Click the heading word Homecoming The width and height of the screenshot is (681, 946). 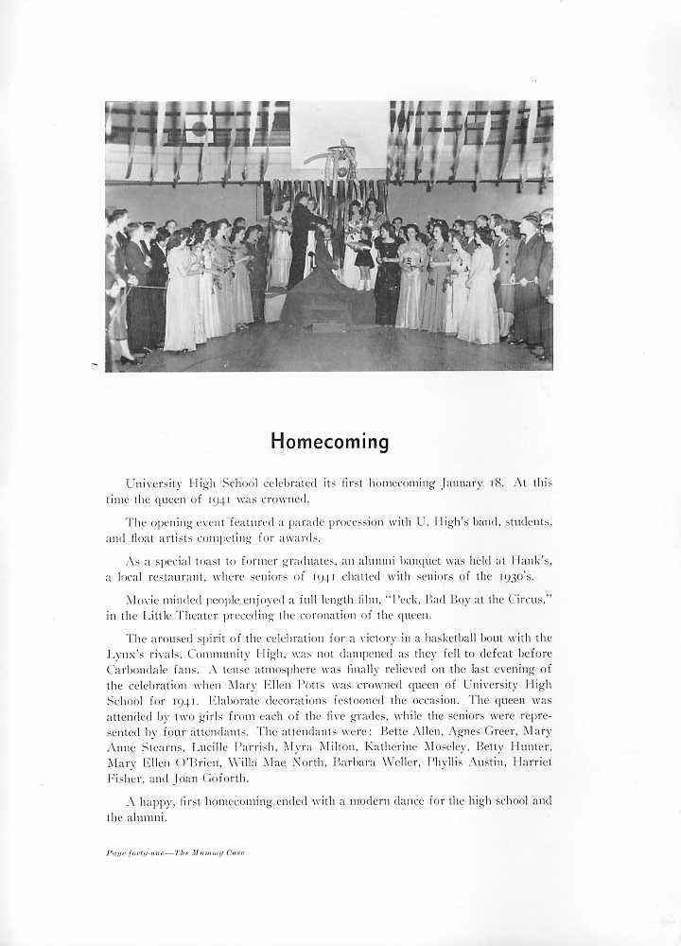[x=329, y=442]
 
